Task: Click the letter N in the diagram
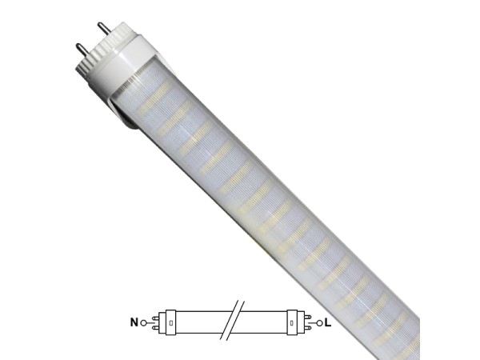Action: (x=134, y=323)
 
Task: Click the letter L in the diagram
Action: (x=329, y=323)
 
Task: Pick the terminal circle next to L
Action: (x=319, y=323)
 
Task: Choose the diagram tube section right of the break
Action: (x=264, y=323)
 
